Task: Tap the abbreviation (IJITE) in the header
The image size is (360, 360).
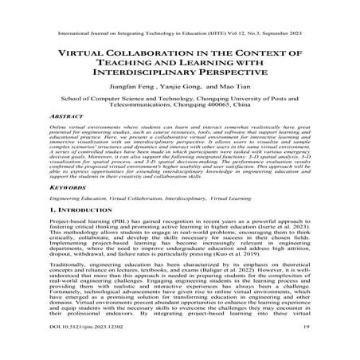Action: tap(214, 12)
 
